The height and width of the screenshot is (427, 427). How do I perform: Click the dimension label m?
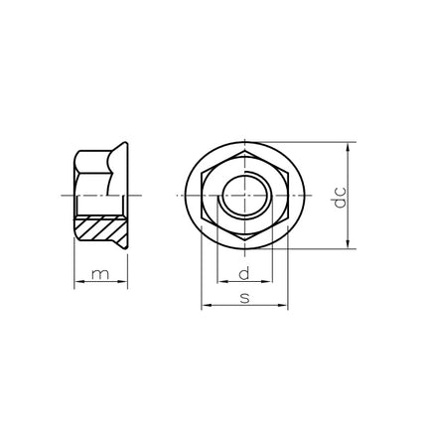click(x=100, y=274)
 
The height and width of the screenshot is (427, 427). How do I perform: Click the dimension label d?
click(x=244, y=273)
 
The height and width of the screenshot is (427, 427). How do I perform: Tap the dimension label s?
click(x=244, y=298)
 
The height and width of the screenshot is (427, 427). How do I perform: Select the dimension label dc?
click(x=340, y=198)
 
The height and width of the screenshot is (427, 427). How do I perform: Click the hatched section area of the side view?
click(x=100, y=227)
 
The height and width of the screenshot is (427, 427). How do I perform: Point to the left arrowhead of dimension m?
click(x=78, y=281)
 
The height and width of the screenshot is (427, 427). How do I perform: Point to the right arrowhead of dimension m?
click(x=123, y=281)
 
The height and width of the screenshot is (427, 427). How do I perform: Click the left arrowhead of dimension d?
click(x=222, y=282)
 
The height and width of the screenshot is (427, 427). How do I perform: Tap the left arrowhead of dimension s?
click(x=207, y=305)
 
